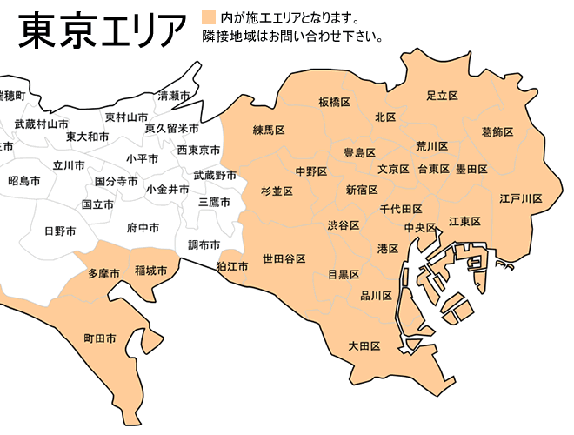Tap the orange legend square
coord(207,17)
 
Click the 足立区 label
coord(442,95)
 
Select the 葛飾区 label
coord(497,132)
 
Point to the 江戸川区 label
coord(520,198)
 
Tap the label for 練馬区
coord(269,130)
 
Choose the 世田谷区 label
coord(284,259)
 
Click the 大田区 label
coord(364,346)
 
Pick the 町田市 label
coord(99,338)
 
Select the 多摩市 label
coord(104,273)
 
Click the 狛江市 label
coord(232,265)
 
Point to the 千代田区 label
coord(401,210)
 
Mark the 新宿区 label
coord(361,190)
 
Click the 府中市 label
coord(143,228)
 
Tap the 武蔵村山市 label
coord(41,124)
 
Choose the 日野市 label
coord(60,231)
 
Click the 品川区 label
coord(377,296)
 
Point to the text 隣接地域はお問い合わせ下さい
coord(292,37)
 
